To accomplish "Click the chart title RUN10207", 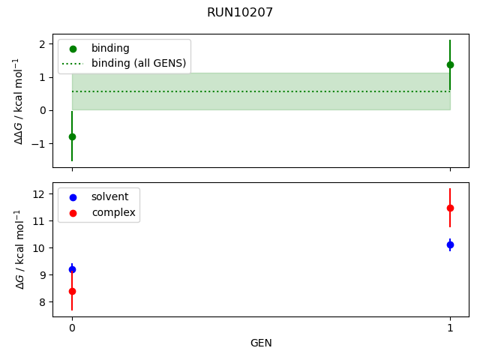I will (240, 13).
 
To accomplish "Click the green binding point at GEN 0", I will (72, 136).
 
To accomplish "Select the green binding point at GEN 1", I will (450, 64).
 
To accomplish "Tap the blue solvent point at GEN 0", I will (72, 269).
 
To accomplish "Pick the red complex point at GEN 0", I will (72, 291).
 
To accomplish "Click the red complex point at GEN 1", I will (450, 208).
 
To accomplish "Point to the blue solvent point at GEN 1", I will (450, 244).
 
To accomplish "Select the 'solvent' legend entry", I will (109, 196).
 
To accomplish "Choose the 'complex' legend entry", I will (113, 212).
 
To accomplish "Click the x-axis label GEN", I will (261, 343).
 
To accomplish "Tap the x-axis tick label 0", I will (72, 328).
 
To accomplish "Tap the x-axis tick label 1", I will (450, 328).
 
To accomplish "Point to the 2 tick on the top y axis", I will (43, 44).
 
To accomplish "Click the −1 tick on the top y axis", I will (40, 143).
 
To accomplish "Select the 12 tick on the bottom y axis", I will (40, 194).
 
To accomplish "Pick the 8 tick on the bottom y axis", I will (43, 302).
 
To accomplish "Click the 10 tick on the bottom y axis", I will (40, 248).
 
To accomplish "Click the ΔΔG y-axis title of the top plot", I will (19, 100).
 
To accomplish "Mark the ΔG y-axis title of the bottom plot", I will (19, 249).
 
